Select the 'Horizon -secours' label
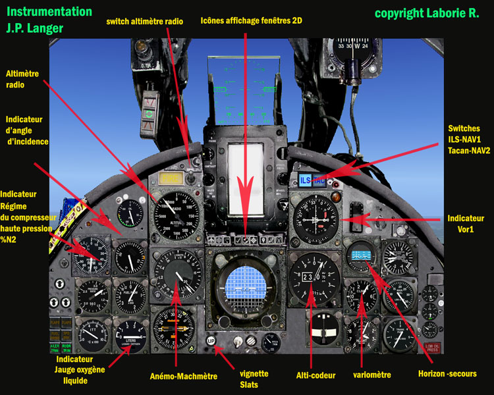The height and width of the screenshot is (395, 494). [x=447, y=374]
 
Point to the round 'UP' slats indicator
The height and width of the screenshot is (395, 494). [x=211, y=341]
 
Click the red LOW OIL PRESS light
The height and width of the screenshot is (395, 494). [x=432, y=347]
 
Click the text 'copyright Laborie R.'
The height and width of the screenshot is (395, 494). [x=427, y=13]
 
